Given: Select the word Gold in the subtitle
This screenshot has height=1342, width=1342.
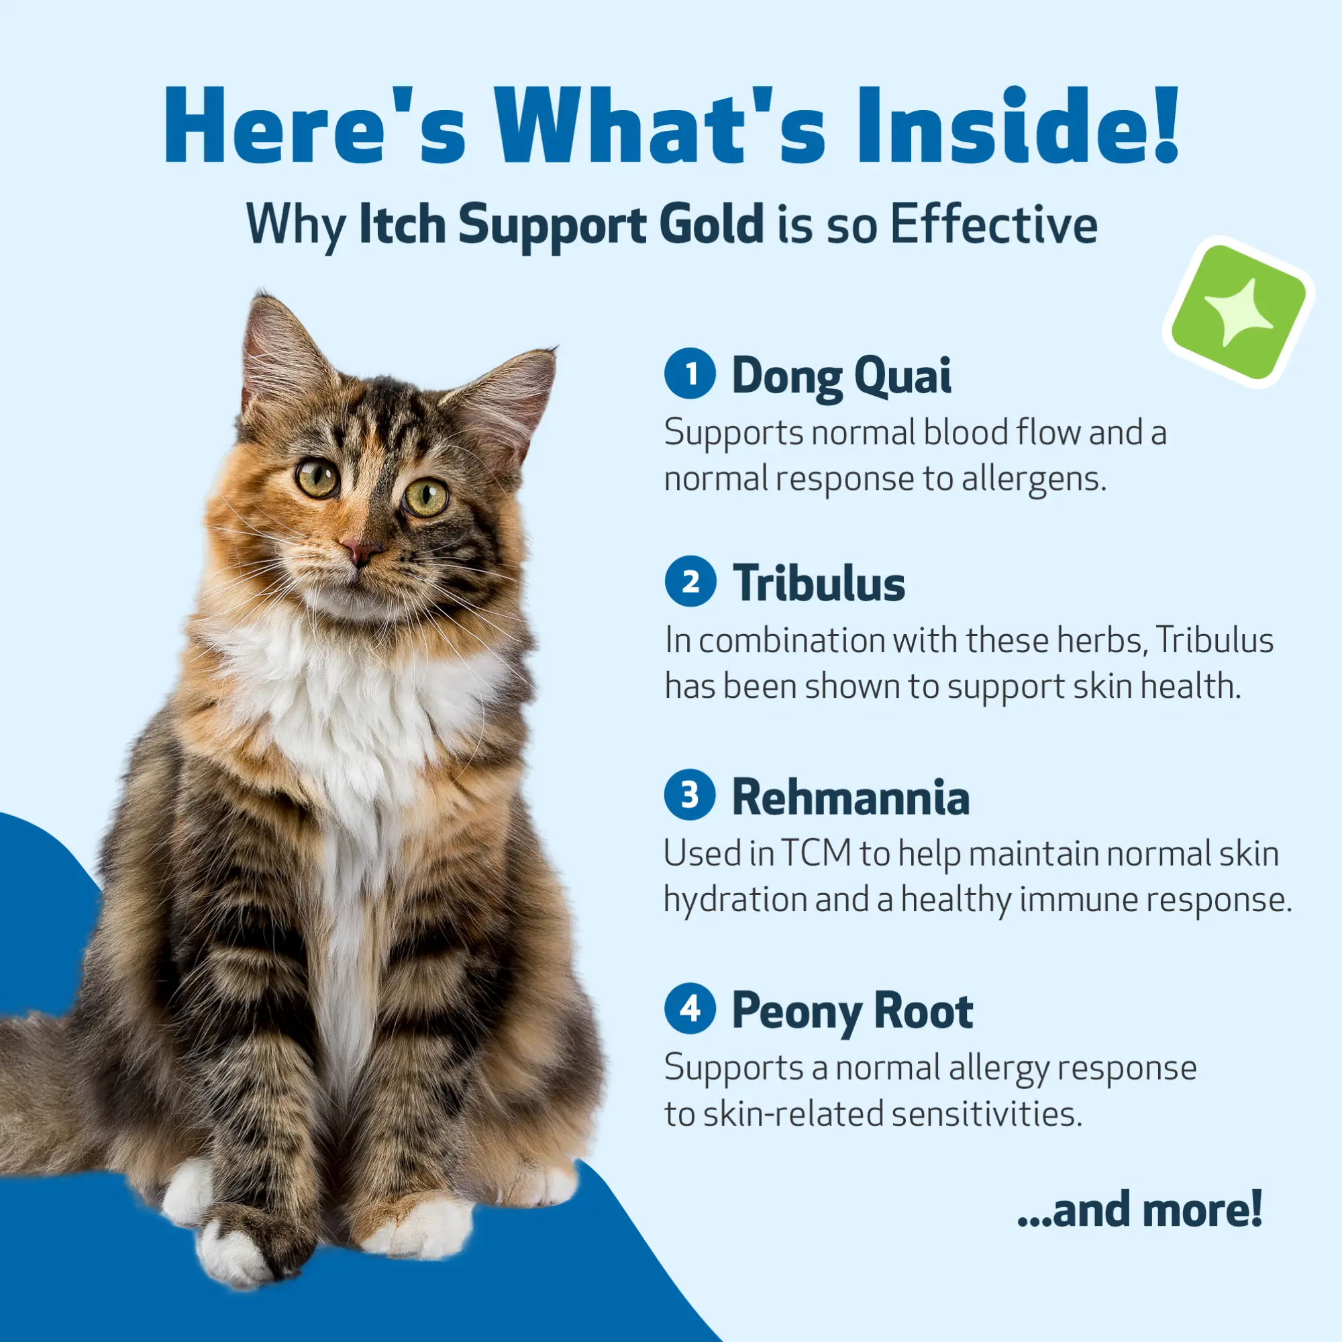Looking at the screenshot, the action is tap(711, 223).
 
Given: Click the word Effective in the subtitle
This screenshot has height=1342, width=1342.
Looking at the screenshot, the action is tap(994, 223).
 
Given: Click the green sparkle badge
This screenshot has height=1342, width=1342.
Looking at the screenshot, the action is tap(1239, 313).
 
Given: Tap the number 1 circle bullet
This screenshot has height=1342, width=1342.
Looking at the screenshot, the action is tap(690, 374).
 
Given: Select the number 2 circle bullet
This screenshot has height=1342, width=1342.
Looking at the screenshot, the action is tap(690, 580).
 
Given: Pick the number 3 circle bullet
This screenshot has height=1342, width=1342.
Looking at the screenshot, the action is tap(690, 794).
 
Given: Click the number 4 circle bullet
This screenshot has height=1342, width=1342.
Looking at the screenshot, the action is tap(690, 1009).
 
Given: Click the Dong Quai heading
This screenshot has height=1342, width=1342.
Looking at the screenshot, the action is tap(841, 376).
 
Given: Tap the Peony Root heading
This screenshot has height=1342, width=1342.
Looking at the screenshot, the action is tap(852, 1011).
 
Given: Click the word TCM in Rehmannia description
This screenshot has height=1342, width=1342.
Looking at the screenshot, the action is tap(816, 853).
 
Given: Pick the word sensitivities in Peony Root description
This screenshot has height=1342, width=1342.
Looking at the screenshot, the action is tap(987, 1114).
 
